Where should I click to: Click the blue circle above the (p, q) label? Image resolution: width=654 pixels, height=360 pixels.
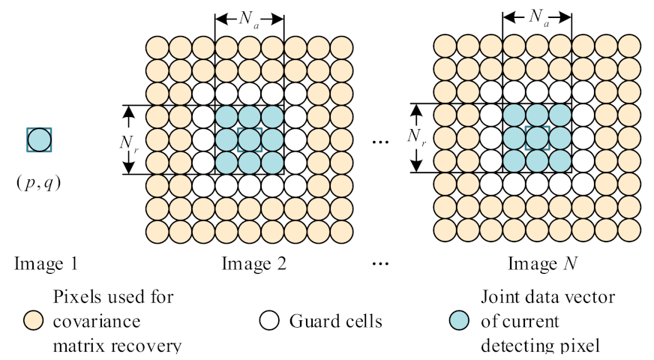click(39, 139)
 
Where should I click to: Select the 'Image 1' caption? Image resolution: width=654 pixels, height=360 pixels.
click(46, 264)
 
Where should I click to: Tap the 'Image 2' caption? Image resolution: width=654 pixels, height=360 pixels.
click(253, 264)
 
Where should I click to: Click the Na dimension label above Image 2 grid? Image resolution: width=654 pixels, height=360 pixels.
click(250, 20)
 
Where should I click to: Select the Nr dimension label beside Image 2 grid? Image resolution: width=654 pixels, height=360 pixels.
click(128, 139)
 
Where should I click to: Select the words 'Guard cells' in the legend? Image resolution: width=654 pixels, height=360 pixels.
click(335, 322)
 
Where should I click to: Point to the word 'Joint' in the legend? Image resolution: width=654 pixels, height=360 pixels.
click(499, 298)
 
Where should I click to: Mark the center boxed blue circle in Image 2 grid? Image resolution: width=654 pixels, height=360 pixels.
click(250, 139)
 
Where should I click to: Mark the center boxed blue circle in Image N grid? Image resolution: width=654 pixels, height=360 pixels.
click(537, 138)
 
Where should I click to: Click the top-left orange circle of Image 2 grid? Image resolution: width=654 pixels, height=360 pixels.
click(157, 47)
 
